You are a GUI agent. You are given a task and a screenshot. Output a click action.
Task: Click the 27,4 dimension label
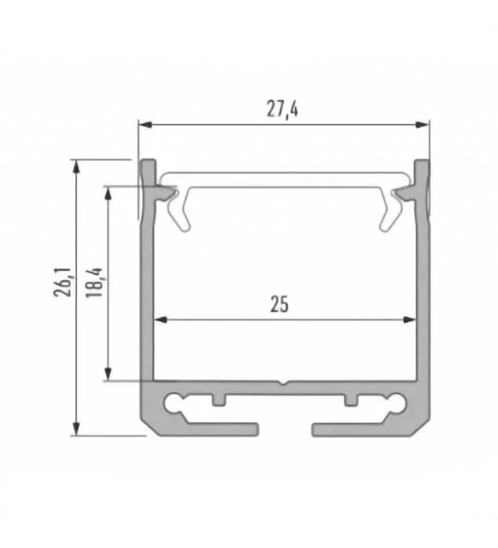(283, 110)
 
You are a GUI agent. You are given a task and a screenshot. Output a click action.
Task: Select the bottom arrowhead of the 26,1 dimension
(76, 428)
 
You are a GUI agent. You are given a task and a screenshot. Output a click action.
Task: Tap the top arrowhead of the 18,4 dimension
(110, 192)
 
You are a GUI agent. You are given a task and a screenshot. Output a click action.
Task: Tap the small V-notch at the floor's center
(283, 382)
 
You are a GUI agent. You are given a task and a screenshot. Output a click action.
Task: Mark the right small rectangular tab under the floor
(351, 399)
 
